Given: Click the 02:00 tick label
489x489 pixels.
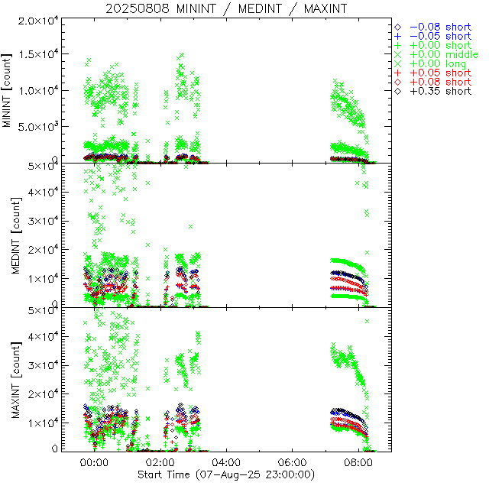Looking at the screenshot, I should tap(160, 463).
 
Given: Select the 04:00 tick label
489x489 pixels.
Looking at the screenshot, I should tap(227, 463).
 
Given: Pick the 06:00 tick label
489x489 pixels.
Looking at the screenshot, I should tap(293, 463).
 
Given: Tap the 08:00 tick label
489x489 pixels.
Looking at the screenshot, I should tap(359, 463).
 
